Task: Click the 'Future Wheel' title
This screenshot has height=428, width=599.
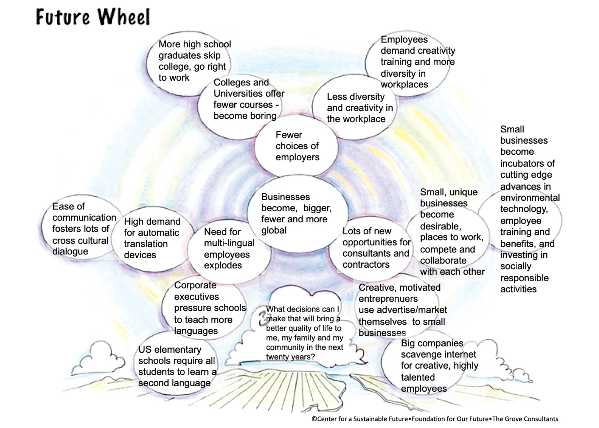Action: (93, 17)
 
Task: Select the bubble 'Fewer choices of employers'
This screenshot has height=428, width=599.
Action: (297, 146)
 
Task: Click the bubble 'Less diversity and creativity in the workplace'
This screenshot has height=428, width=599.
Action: (356, 108)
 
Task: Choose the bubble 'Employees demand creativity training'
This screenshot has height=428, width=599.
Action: (411, 62)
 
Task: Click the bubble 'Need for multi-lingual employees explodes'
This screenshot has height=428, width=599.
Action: (228, 249)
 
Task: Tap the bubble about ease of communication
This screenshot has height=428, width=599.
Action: (82, 229)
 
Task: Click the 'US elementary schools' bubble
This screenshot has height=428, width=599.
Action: (176, 366)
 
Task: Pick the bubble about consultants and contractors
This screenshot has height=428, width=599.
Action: (375, 248)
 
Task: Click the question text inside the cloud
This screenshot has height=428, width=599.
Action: (303, 333)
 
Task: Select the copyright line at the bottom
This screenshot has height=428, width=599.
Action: (434, 419)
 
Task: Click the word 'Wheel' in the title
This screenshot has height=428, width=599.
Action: (123, 17)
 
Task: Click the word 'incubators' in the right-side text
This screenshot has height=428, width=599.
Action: (527, 163)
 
